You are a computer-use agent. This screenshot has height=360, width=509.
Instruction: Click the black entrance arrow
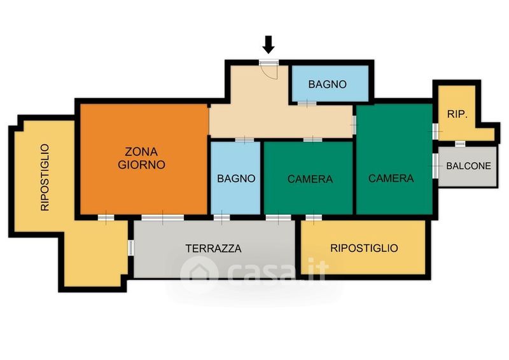[x=268, y=45]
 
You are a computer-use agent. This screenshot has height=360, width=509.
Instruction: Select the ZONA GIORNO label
[x=141, y=158]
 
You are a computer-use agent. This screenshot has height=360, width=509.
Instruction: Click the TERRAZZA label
[x=213, y=248]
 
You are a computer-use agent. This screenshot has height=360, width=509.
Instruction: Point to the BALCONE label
[x=468, y=166]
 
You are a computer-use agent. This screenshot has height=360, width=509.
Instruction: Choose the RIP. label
[x=457, y=114]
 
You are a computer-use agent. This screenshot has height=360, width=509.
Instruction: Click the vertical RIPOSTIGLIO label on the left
[x=45, y=177]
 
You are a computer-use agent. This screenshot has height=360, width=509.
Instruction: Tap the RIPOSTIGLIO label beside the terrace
[x=364, y=248]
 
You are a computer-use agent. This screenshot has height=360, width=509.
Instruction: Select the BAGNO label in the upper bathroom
[x=327, y=85]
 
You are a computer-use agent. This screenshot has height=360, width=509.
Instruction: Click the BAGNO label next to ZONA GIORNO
[x=236, y=179]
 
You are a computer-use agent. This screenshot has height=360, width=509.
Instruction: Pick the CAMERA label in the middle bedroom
[x=310, y=179]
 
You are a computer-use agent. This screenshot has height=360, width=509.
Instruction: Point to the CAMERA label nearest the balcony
[x=391, y=178]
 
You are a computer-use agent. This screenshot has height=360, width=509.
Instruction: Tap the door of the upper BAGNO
[x=307, y=104]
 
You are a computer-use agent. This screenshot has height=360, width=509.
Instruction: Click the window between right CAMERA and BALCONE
[x=435, y=166]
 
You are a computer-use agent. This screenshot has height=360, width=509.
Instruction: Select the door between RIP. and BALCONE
[x=459, y=144]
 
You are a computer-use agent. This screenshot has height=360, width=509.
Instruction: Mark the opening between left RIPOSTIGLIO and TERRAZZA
[x=130, y=247]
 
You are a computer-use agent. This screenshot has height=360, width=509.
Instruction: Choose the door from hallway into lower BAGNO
[x=244, y=140]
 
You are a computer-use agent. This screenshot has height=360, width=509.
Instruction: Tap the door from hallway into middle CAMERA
[x=313, y=140]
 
